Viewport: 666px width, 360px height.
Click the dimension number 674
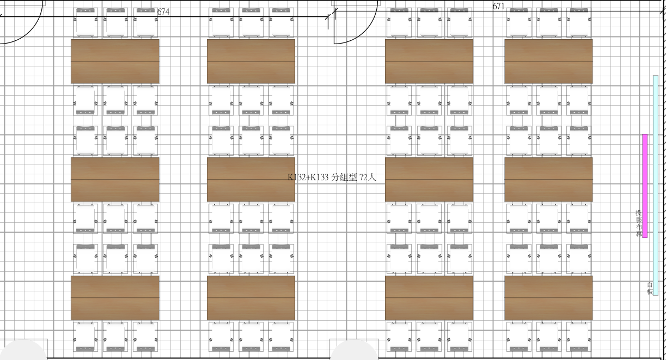(163, 11)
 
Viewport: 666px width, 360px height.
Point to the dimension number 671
(499, 6)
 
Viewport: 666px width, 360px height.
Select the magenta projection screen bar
(645, 186)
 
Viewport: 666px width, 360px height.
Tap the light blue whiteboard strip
(656, 185)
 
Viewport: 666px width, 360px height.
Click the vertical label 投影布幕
(639, 223)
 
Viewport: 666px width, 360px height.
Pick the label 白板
(650, 288)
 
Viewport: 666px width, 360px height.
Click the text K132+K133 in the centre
(308, 178)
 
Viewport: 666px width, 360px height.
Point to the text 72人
(368, 178)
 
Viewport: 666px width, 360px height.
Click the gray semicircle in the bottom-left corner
(23, 350)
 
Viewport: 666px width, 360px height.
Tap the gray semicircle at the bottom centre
(354, 350)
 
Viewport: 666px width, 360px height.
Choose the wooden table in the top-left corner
(115, 62)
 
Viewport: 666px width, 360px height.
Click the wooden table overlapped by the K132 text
(251, 180)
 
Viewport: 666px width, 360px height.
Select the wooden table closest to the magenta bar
(548, 180)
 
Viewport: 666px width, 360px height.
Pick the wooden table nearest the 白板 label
(548, 298)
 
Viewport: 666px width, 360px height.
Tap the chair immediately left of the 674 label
(145, 22)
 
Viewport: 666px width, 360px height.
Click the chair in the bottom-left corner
(85, 337)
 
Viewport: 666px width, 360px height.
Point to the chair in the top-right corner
(579, 22)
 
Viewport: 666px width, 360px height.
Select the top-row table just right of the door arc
(429, 62)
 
